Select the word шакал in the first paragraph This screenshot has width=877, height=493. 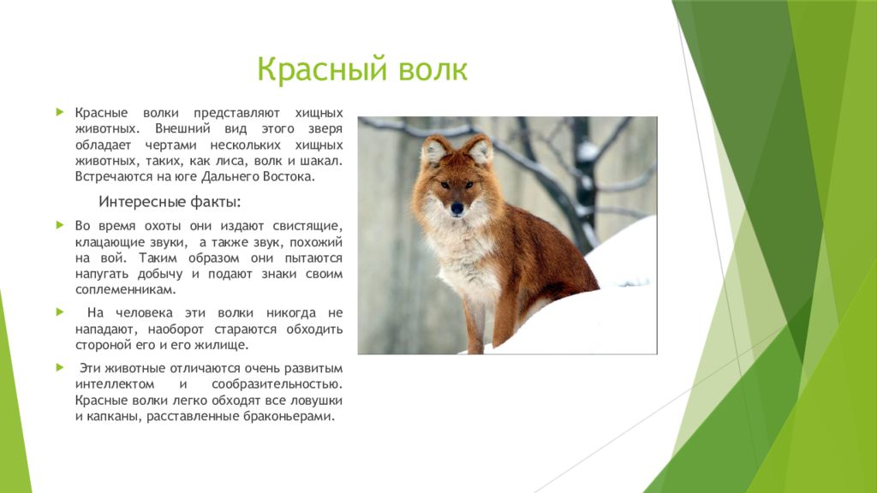click(323, 161)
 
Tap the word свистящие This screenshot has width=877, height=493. click(307, 226)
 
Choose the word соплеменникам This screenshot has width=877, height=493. click(126, 290)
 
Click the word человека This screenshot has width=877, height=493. click(146, 313)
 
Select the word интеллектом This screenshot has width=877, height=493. click(115, 384)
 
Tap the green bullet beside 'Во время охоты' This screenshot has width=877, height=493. click(60, 225)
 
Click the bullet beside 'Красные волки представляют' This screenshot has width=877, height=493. click(60, 112)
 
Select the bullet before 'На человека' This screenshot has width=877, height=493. click(60, 312)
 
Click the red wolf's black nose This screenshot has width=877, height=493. click(457, 209)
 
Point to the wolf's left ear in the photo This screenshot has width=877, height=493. click(434, 150)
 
